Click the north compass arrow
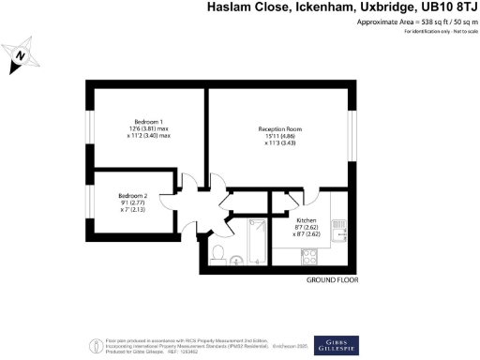21,59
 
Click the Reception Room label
280,129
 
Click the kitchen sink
343,226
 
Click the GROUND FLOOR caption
332,280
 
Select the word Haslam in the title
229,7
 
